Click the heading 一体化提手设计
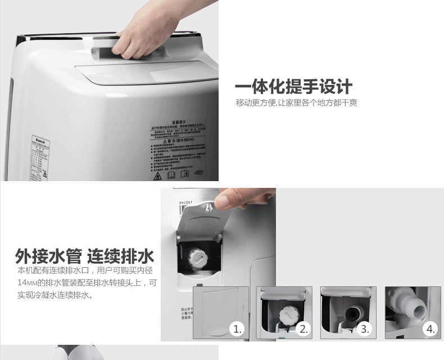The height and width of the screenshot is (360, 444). [293, 87]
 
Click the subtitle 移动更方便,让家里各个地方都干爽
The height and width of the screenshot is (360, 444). [296, 103]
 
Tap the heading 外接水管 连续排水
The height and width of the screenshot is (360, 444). [84, 256]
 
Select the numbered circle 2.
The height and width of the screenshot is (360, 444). [303, 330]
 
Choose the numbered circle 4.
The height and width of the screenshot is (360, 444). [430, 330]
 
